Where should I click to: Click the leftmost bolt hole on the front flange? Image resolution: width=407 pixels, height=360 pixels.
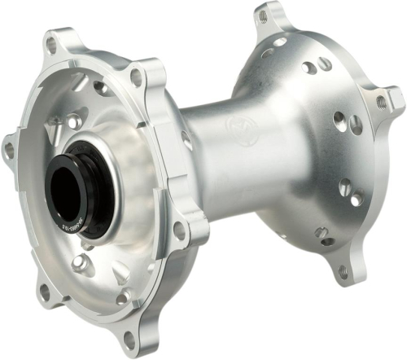tap(10, 149)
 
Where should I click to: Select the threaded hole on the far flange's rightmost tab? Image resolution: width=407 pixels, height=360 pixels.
tap(381, 102)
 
